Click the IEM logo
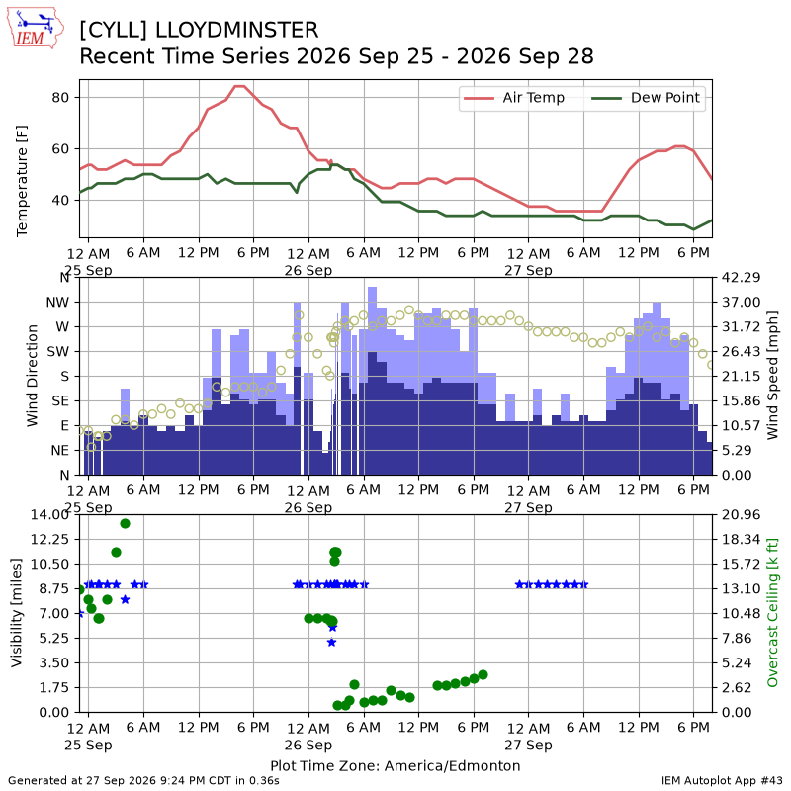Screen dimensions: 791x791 [36, 28]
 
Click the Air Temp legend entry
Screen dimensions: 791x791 [513, 98]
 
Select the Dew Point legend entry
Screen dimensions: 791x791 [646, 98]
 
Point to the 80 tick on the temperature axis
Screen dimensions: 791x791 [60, 97]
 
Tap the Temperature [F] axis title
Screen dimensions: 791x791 [22, 181]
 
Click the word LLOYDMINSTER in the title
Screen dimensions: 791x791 [236, 30]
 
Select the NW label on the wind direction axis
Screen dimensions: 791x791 [57, 303]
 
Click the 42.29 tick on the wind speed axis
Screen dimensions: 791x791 [741, 277]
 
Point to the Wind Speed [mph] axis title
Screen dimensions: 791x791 [772, 376]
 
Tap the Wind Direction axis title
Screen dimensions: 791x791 [33, 376]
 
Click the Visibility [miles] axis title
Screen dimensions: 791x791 [16, 612]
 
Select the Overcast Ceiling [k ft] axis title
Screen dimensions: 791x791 [772, 612]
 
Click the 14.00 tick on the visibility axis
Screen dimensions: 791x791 [49, 514]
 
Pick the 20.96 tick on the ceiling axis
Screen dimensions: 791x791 [741, 514]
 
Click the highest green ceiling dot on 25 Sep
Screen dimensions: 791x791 [126, 524]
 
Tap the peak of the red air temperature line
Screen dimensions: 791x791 [239, 86]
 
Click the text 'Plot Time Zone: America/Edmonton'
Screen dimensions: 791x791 [395, 765]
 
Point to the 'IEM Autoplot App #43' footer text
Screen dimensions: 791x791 [722, 781]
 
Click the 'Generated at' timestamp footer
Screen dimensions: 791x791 [143, 781]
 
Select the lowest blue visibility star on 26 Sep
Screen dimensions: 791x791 [331, 642]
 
